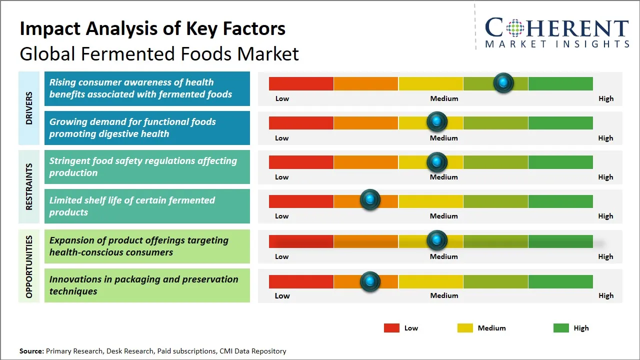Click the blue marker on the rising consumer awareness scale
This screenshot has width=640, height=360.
click(503, 82)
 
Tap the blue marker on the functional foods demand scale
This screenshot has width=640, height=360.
click(437, 121)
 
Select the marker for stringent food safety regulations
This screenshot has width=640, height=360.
click(437, 161)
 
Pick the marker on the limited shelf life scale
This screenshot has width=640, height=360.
click(370, 200)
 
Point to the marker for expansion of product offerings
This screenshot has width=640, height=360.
click(437, 240)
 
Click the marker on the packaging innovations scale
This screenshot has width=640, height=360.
click(370, 281)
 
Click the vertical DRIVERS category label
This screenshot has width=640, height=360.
click(28, 108)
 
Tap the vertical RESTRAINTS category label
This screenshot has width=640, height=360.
click(28, 186)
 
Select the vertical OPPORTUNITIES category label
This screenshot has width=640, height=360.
click(28, 266)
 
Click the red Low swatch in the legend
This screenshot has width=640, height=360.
click(391, 328)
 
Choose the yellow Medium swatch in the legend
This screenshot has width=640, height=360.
click(465, 328)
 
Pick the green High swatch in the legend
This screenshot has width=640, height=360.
click(561, 328)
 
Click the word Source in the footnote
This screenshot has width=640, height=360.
click(31, 351)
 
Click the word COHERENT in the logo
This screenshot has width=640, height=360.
click(557, 28)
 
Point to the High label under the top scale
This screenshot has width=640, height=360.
click(605, 98)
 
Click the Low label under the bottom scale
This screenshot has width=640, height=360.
click(282, 295)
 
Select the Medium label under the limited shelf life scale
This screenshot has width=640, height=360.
click(444, 216)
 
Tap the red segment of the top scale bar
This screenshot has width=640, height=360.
click(301, 83)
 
